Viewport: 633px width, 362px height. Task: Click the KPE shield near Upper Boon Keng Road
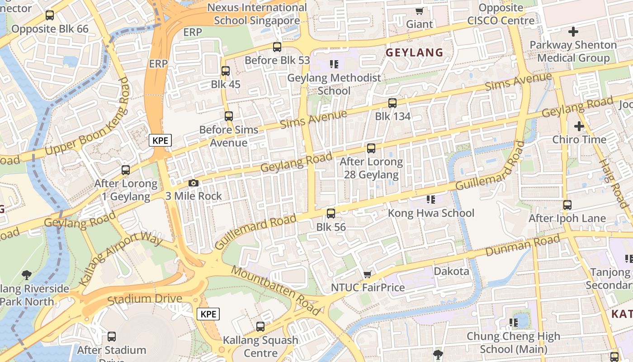160,140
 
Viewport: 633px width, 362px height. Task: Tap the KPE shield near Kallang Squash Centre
208,314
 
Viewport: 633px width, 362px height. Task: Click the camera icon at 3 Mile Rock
194,183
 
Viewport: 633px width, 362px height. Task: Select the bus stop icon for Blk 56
331,213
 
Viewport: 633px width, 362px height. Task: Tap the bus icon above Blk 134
392,103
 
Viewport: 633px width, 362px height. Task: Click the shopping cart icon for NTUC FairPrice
368,274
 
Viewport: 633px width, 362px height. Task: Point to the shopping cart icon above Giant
419,11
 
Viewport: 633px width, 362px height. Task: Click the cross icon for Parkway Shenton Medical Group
573,32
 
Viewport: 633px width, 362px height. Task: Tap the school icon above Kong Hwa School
430,199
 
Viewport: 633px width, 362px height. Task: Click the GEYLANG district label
414,52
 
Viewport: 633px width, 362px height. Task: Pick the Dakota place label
451,271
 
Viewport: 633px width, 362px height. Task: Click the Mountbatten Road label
276,290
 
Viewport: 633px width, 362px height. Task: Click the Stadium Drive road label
145,299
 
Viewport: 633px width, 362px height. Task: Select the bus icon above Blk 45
226,71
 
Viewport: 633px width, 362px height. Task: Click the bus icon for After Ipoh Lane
567,205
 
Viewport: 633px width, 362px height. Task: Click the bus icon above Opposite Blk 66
50,15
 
